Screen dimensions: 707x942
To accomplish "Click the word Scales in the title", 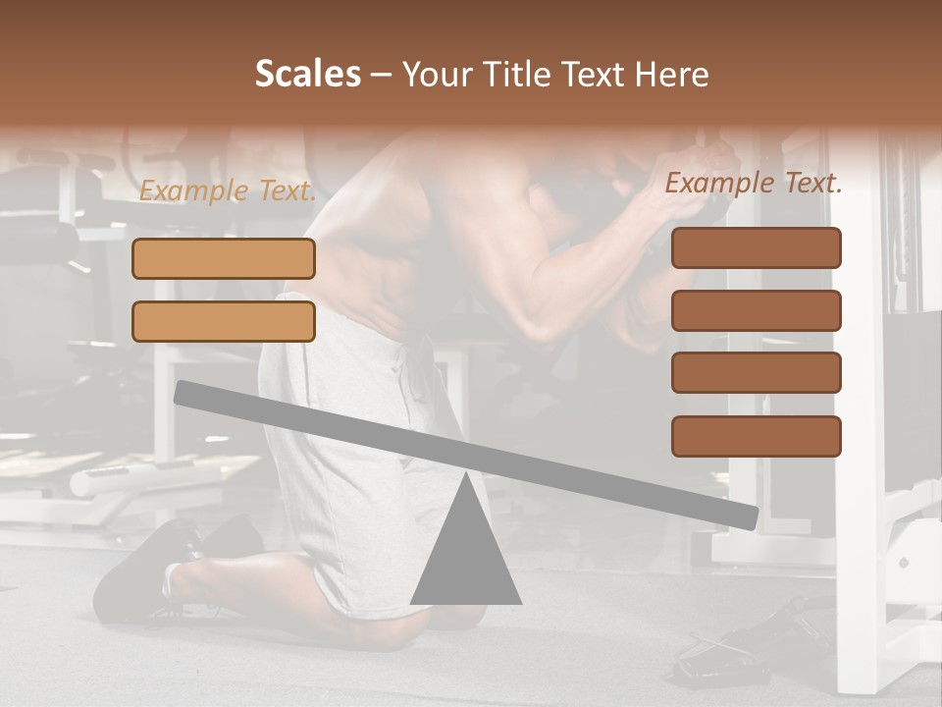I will point(307,75).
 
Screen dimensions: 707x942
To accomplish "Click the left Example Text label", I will point(228,190).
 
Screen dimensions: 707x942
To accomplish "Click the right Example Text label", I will point(754,183).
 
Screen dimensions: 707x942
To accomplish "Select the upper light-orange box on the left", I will point(224,258).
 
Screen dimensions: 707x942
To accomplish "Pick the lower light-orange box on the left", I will point(224,321).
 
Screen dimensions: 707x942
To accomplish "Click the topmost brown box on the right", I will point(757,247).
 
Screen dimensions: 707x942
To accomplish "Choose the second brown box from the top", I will point(757,310).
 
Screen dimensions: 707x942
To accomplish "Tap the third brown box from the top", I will point(757,372).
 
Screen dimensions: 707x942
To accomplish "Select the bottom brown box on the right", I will point(757,436).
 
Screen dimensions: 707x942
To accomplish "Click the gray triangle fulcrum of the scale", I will point(466,555).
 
